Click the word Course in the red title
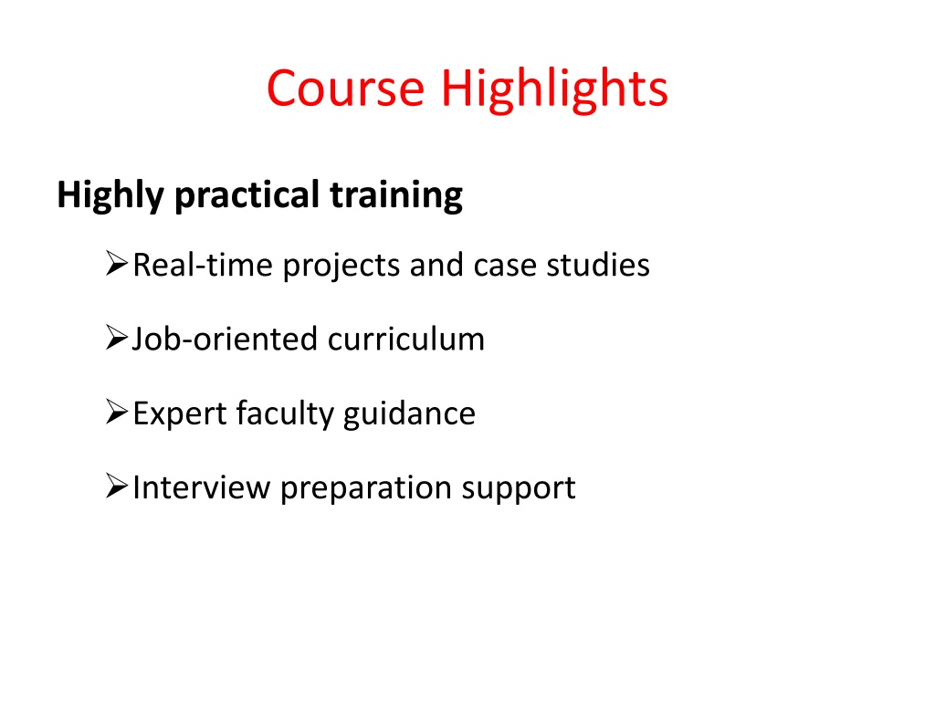(345, 89)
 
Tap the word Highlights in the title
(554, 89)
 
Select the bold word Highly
(110, 195)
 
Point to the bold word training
(396, 195)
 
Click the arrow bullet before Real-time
(117, 264)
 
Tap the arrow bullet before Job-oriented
(117, 338)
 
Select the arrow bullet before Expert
(117, 412)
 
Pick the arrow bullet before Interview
(117, 486)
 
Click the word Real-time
(203, 265)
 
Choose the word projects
(341, 267)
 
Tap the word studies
(598, 265)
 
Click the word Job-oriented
(225, 340)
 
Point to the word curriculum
(406, 340)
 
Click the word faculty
(285, 414)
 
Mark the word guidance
(410, 414)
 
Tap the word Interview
(202, 487)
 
